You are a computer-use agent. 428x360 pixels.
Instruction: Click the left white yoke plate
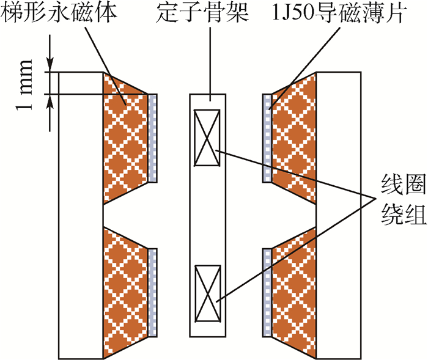coord(79,214)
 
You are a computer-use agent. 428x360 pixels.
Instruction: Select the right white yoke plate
coord(339,214)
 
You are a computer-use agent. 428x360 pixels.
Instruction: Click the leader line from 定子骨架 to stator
coord(207,61)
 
